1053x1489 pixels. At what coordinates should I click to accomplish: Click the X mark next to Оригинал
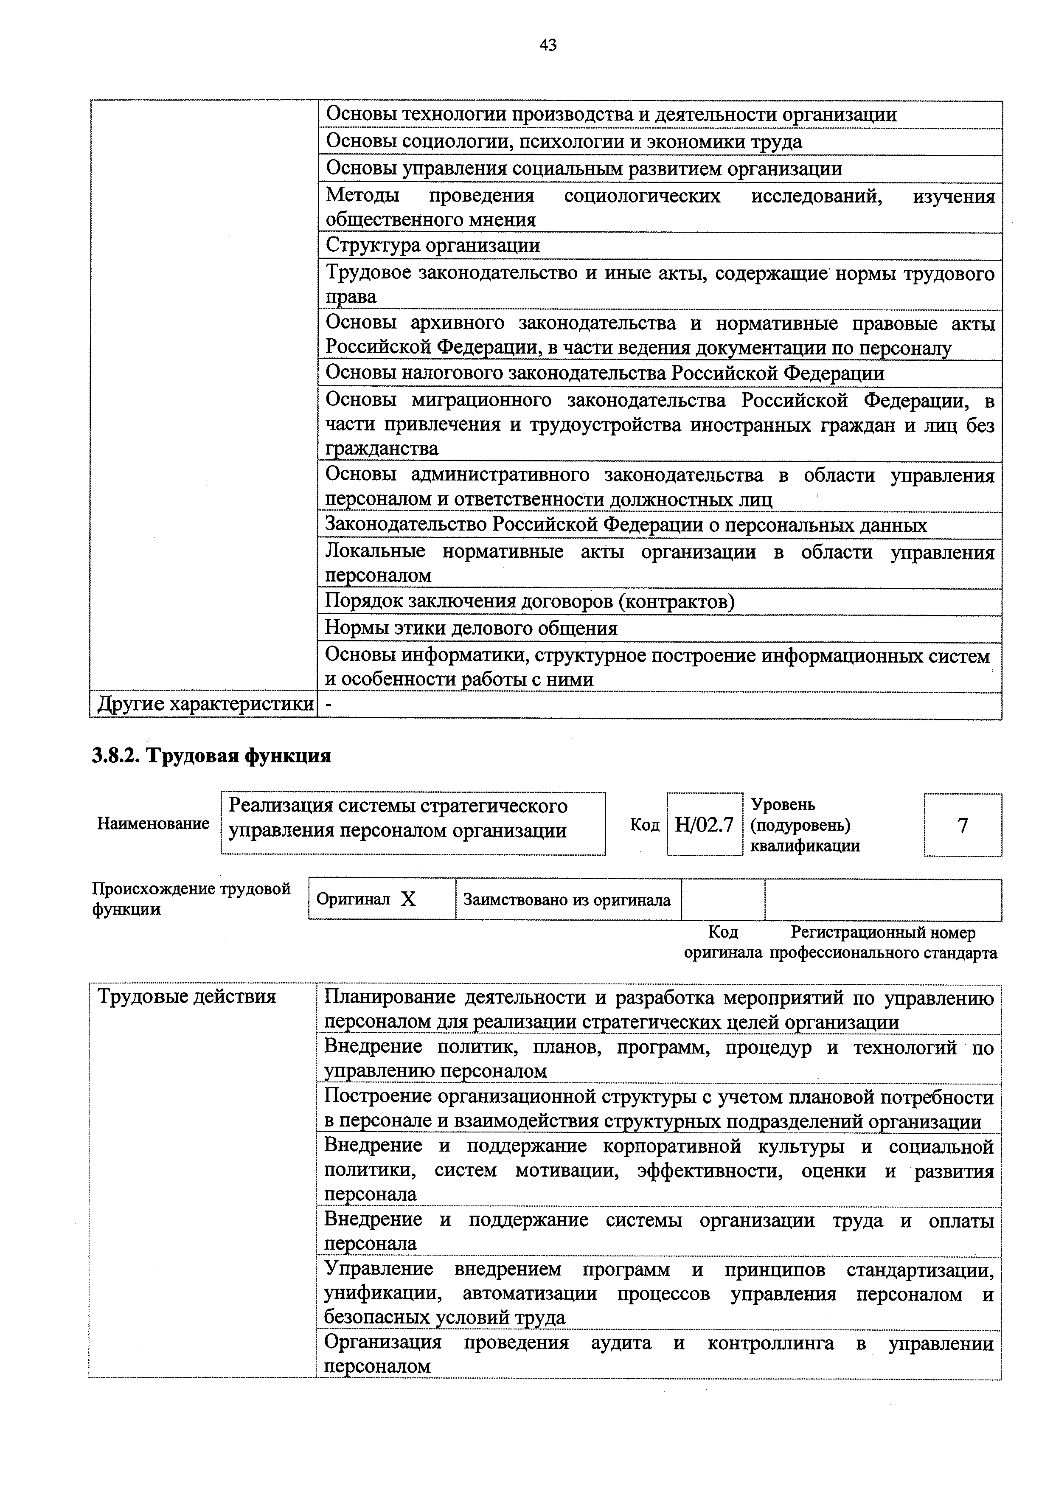point(408,899)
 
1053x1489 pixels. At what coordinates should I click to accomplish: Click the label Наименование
point(153,823)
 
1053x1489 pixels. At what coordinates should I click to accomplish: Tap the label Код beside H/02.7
point(645,825)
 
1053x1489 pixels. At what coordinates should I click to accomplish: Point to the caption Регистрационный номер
point(883,933)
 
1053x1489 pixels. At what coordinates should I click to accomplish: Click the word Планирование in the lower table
point(389,997)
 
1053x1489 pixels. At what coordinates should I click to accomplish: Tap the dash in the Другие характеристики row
point(328,705)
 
